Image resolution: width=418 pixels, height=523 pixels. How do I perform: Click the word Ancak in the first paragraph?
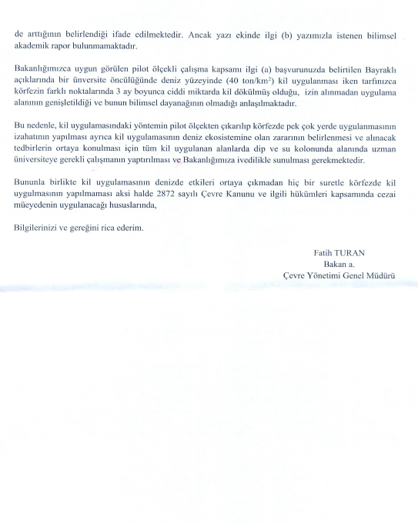coord(208,35)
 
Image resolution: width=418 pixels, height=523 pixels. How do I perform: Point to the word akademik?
coord(32,46)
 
